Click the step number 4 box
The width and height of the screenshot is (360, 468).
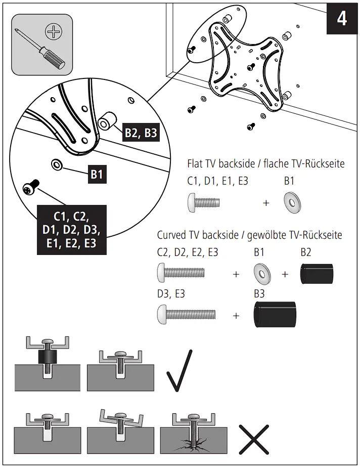[342, 18]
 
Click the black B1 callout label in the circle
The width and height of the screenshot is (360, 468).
[97, 175]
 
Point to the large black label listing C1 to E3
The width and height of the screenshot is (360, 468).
[71, 230]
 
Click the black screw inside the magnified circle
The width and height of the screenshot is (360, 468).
[30, 188]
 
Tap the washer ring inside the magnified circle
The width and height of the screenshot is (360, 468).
[56, 164]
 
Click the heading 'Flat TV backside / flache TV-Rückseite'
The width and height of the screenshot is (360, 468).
[266, 164]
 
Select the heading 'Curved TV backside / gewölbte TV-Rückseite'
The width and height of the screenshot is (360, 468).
[249, 235]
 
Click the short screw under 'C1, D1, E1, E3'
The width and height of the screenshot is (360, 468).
[205, 202]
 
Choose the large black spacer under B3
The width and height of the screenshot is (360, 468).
[275, 315]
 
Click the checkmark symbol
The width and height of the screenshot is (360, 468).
[179, 371]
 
